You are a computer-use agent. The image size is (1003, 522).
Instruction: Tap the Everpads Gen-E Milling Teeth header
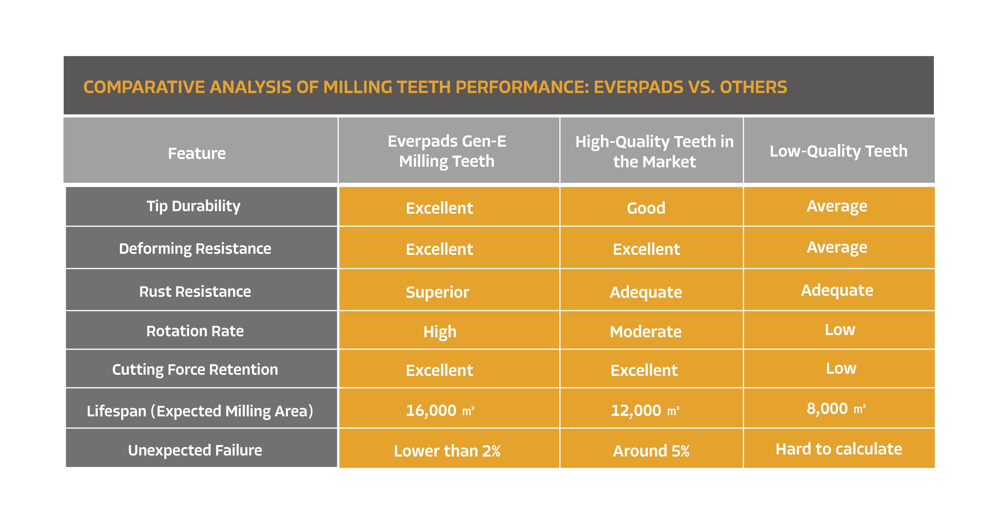point(447,151)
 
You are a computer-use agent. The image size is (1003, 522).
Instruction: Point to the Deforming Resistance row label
point(195,248)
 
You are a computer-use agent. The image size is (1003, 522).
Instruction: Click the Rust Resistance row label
point(195,291)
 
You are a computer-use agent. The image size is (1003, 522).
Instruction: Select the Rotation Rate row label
point(195,331)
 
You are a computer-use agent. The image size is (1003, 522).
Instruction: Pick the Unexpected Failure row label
point(195,450)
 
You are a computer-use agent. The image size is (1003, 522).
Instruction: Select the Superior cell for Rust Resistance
point(438,292)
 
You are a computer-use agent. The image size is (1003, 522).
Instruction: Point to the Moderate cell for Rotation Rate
point(646,332)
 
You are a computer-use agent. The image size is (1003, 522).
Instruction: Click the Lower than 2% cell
point(447,451)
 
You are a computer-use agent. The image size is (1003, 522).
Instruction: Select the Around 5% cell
point(651,451)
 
